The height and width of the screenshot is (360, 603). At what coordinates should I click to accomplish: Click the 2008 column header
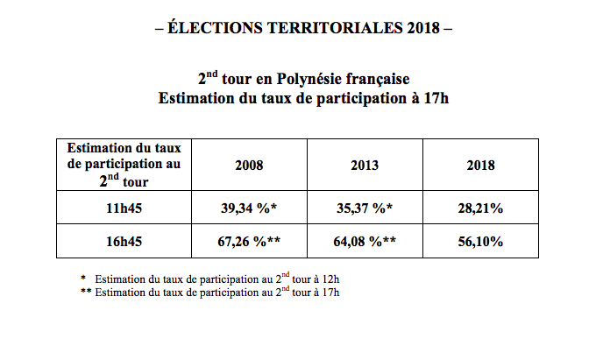click(x=249, y=165)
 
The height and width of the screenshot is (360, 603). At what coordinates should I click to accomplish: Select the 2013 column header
click(x=365, y=165)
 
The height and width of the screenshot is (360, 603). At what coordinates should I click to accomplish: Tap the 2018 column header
click(x=481, y=165)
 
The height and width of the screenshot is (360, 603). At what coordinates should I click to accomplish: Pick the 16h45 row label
click(x=124, y=241)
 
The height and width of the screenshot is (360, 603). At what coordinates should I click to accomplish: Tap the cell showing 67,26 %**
click(x=249, y=241)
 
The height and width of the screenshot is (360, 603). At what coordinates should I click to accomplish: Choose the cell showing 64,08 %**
click(x=365, y=241)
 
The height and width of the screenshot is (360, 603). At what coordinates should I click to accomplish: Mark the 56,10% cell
click(x=481, y=241)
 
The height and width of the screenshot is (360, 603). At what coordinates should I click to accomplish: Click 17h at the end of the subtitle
click(x=435, y=97)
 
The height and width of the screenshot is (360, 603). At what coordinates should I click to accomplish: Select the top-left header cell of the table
click(x=124, y=165)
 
